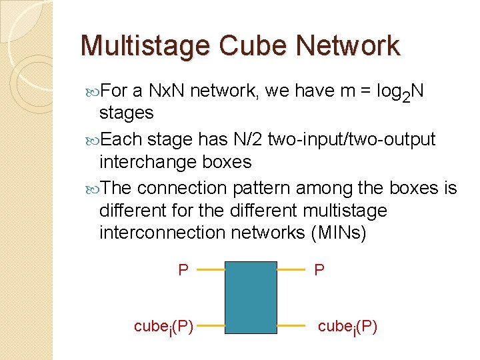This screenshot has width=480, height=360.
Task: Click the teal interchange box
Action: click(x=251, y=297)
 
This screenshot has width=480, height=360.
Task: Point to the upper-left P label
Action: click(x=183, y=270)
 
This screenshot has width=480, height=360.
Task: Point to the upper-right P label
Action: click(x=319, y=270)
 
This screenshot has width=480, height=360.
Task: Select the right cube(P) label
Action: click(x=347, y=326)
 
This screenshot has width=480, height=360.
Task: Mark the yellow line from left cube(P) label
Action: click(x=213, y=326)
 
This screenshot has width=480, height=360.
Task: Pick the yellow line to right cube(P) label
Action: click(x=290, y=326)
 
